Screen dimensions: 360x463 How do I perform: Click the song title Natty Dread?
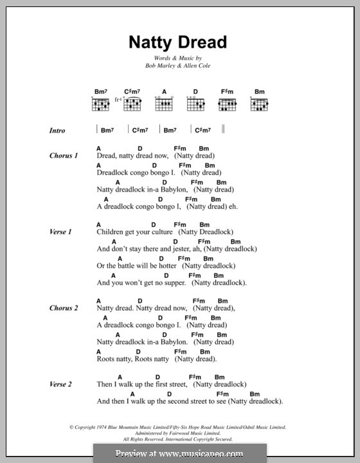177,42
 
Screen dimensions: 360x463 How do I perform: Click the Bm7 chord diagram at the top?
100,104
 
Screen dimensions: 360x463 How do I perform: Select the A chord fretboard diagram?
164,104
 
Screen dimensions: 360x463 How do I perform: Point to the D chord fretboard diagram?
195,104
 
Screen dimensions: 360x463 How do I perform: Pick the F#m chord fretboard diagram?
228,104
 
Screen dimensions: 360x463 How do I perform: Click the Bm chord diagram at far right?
259,104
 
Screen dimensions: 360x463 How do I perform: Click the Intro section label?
57,131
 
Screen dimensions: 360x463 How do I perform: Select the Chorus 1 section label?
64,156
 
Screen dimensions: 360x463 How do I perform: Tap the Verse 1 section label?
60,231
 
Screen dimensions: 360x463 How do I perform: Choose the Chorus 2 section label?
64,308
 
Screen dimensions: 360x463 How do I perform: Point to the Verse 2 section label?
60,384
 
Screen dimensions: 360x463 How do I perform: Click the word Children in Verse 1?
110,232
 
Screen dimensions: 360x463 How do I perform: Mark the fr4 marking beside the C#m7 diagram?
118,100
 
